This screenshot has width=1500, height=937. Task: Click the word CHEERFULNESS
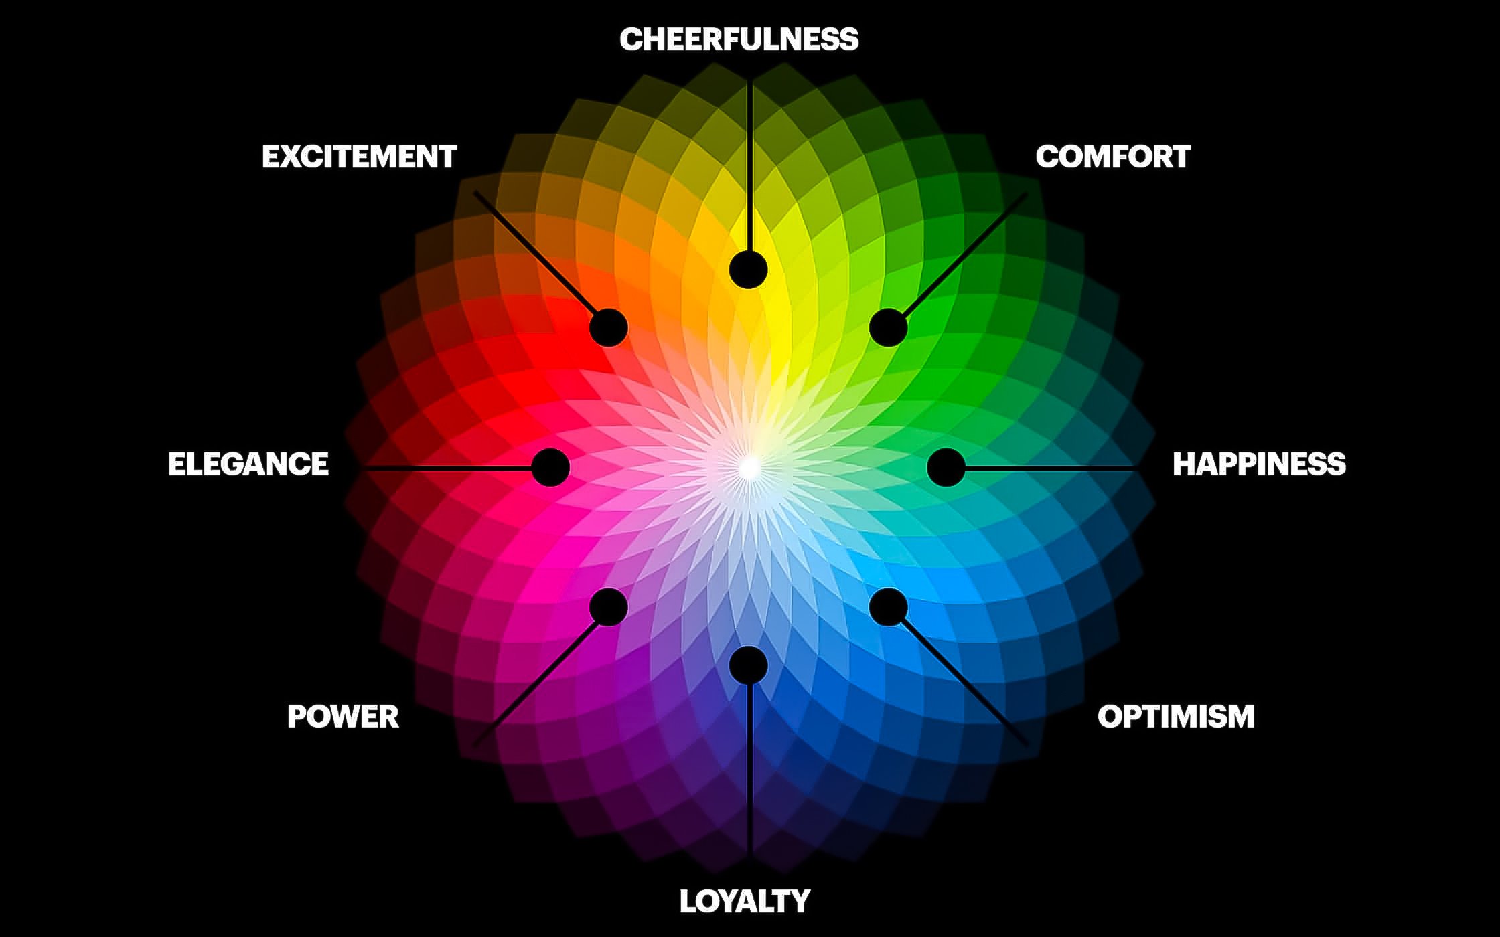pos(739,39)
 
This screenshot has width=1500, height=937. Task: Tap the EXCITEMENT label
pos(359,157)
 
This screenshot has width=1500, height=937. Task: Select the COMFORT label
pos(1113,157)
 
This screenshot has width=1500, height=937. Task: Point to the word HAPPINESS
pos(1259,464)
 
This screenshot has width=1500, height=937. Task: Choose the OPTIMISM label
pos(1176,717)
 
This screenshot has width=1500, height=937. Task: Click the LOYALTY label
pos(745,902)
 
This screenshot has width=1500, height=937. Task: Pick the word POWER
pos(343,717)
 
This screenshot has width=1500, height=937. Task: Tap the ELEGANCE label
pos(248,464)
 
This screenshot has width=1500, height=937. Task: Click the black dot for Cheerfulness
pos(748,270)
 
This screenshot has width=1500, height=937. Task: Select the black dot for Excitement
pos(609,327)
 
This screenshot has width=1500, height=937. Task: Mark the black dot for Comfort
pos(889,327)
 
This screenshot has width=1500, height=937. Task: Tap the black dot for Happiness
pos(946,467)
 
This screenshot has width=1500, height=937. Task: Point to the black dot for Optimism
pos(889,607)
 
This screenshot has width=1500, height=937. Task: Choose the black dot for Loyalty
pos(748,664)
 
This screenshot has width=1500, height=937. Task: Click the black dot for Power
pos(609,607)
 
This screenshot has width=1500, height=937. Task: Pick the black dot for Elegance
pos(550,467)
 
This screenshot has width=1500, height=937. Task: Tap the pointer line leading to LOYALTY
pos(750,770)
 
